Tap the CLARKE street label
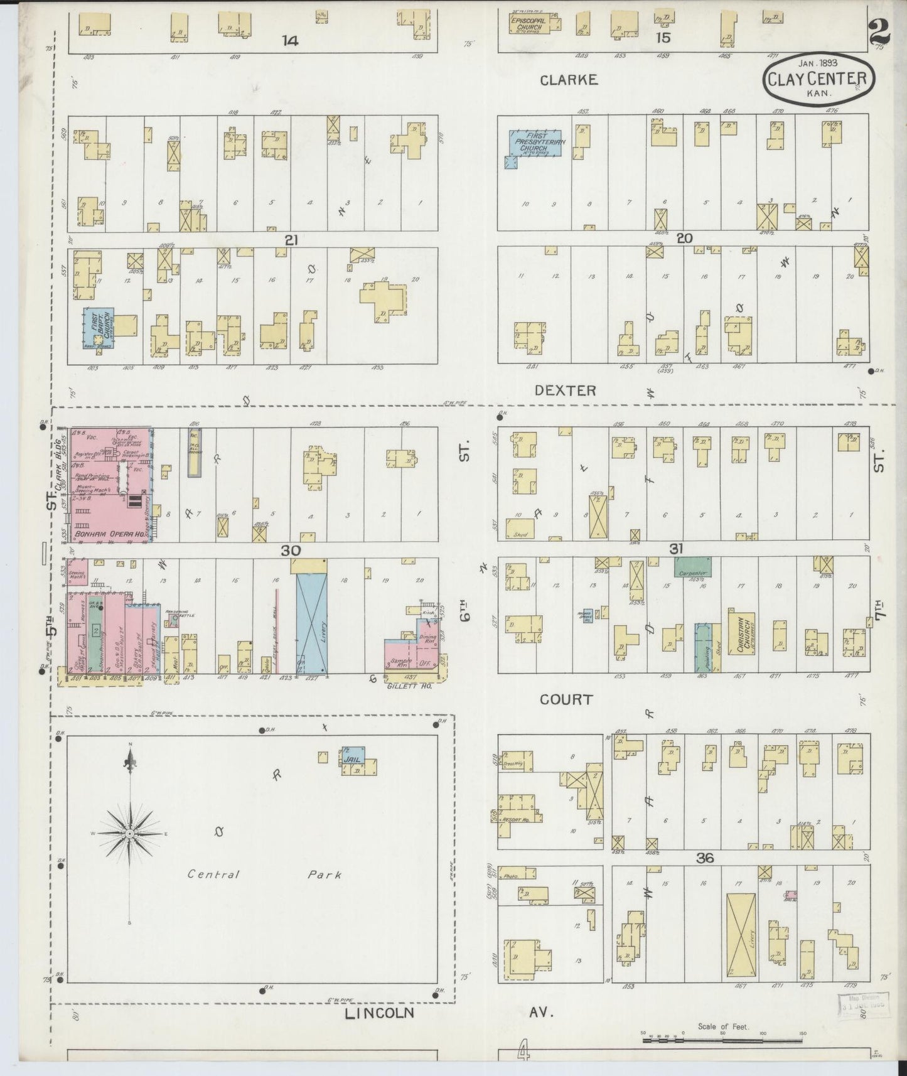[x=569, y=80]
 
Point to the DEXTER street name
[x=565, y=390]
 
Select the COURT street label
[x=566, y=699]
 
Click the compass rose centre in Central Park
[x=129, y=834]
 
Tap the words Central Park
[x=264, y=874]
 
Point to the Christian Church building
[x=741, y=633]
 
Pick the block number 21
[x=290, y=240]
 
